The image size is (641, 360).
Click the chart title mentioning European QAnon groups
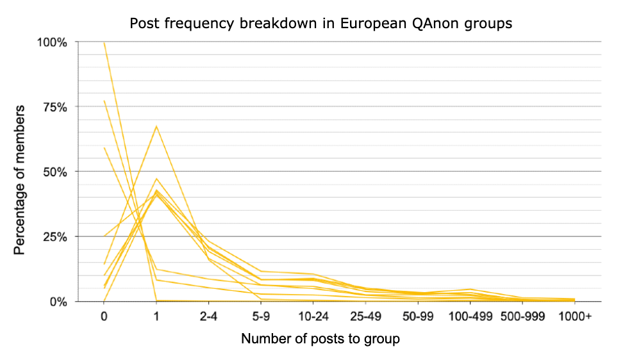pos(320,24)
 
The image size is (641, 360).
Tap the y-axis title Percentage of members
pos(19,180)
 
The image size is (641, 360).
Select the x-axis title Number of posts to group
pos(320,339)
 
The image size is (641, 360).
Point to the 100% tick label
pos(52,42)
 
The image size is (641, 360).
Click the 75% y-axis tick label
pos(54,108)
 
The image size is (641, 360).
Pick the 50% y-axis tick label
pos(54,172)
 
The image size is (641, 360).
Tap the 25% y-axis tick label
pos(54,237)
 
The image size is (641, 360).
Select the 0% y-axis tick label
pos(58,302)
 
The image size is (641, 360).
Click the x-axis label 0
pos(104,316)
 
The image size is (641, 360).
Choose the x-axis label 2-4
pos(208,316)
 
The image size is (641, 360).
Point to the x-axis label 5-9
pos(261,316)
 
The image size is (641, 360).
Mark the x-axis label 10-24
pos(313,316)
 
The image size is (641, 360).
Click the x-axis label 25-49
pos(365,316)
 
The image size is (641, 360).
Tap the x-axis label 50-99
pos(418,316)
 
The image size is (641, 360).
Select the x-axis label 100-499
pos(470,316)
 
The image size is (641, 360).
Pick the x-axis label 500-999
pos(522,316)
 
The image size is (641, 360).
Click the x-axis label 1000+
pos(575,316)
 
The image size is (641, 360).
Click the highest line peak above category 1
pos(156,126)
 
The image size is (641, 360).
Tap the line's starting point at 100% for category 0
pos(104,42)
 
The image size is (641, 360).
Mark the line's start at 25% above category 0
pos(104,236)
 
